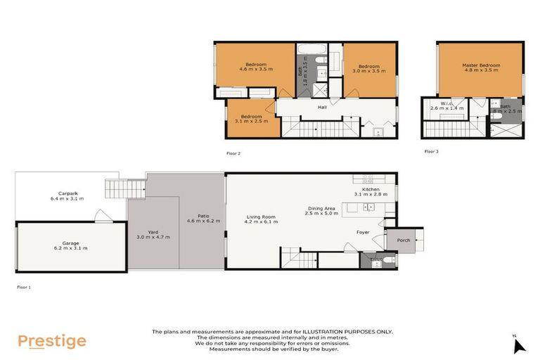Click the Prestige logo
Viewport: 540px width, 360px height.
click(x=52, y=342)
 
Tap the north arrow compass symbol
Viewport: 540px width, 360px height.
click(x=519, y=345)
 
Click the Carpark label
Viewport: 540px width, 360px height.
click(x=67, y=196)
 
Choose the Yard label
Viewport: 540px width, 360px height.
click(x=153, y=233)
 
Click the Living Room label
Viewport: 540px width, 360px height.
click(x=260, y=219)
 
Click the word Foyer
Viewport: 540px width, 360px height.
click(x=363, y=231)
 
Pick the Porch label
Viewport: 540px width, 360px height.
click(x=404, y=240)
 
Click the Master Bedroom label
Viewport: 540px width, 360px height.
click(x=480, y=67)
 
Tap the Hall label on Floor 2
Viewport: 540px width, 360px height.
click(x=322, y=108)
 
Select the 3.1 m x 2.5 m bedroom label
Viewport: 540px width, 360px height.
click(x=251, y=119)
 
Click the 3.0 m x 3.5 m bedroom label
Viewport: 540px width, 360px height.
click(x=368, y=67)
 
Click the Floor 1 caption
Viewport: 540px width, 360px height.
click(x=25, y=287)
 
